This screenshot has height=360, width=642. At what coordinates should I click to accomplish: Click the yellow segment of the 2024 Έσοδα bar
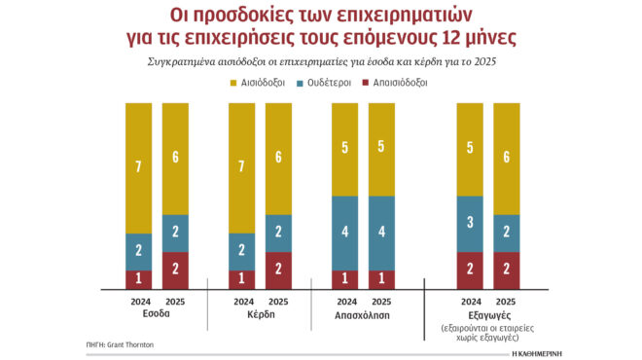click(139, 167)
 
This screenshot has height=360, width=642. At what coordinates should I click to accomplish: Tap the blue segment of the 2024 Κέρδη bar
click(242, 251)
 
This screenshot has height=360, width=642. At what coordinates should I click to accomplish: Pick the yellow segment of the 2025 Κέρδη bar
click(278, 158)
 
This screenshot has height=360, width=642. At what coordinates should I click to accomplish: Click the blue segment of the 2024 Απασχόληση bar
click(345, 233)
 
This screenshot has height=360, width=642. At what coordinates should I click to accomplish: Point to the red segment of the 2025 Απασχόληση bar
click(381, 279)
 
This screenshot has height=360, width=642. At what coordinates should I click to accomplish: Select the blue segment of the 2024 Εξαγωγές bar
click(470, 224)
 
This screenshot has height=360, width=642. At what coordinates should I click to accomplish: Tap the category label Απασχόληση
click(363, 314)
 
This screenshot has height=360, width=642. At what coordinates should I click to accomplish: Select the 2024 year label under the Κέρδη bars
click(241, 301)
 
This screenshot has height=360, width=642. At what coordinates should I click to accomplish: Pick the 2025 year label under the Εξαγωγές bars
click(506, 301)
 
